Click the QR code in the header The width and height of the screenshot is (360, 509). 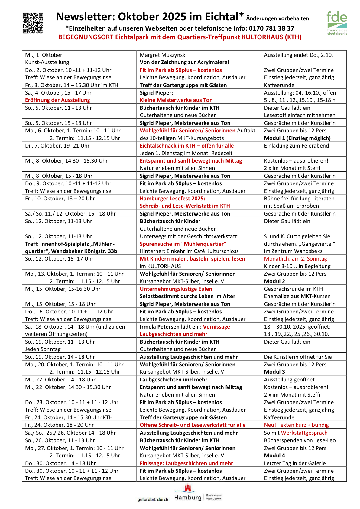(33, 23)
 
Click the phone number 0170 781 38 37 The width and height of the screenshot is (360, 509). (271, 28)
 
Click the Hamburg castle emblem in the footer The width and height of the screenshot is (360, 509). (188, 488)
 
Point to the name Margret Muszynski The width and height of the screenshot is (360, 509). (163, 55)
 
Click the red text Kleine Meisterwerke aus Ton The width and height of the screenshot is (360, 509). (176, 100)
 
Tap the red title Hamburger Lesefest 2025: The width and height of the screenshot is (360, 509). (172, 199)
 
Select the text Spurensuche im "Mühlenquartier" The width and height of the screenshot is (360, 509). (183, 244)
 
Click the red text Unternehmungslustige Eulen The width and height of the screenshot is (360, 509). (176, 289)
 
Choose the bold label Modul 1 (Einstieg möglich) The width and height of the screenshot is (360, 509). (297, 138)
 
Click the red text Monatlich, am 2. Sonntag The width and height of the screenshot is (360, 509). (295, 259)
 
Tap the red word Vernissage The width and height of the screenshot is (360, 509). (216, 327)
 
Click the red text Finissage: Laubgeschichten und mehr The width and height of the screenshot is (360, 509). (186, 463)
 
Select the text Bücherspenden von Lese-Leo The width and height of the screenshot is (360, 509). (300, 440)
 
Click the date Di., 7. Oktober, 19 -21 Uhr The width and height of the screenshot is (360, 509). (57, 146)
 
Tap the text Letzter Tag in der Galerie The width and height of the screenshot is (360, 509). (295, 463)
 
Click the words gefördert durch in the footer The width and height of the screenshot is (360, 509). (153, 499)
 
